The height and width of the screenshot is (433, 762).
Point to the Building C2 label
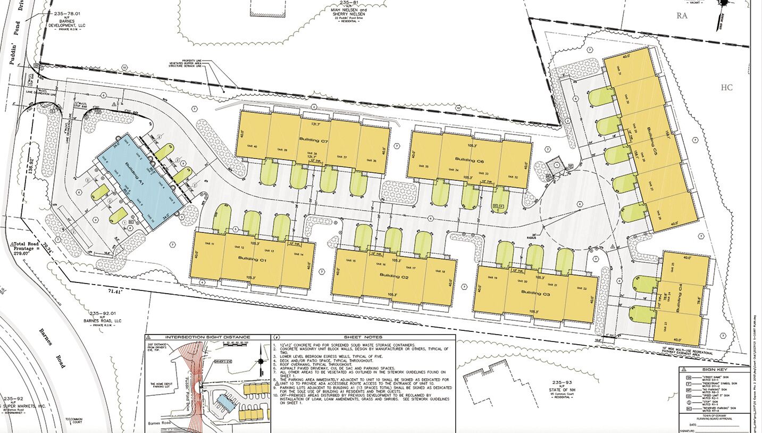pyautogui.click(x=394, y=277)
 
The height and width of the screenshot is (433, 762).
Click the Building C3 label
pyautogui.click(x=535, y=293)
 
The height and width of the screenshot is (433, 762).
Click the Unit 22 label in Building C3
pyautogui.click(x=580, y=288)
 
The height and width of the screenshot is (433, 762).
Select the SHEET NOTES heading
pyautogui.click(x=360, y=337)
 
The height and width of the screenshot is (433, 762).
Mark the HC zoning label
pyautogui.click(x=726, y=87)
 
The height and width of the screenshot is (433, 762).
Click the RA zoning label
pyautogui.click(x=682, y=16)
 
